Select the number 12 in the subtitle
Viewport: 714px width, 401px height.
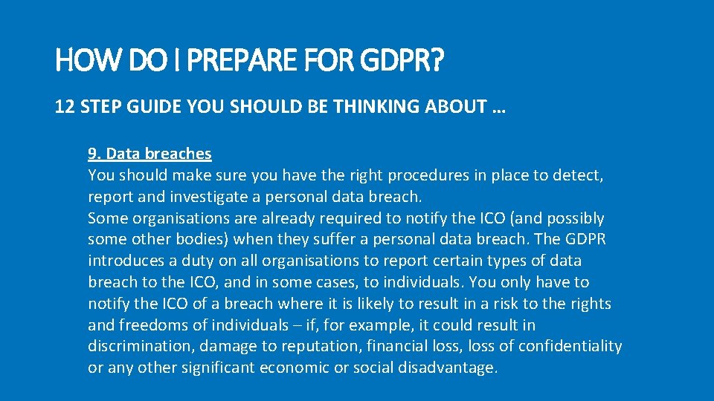pos(64,107)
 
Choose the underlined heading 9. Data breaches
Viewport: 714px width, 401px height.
pos(149,154)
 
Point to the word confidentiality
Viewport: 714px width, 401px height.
pos(570,347)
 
